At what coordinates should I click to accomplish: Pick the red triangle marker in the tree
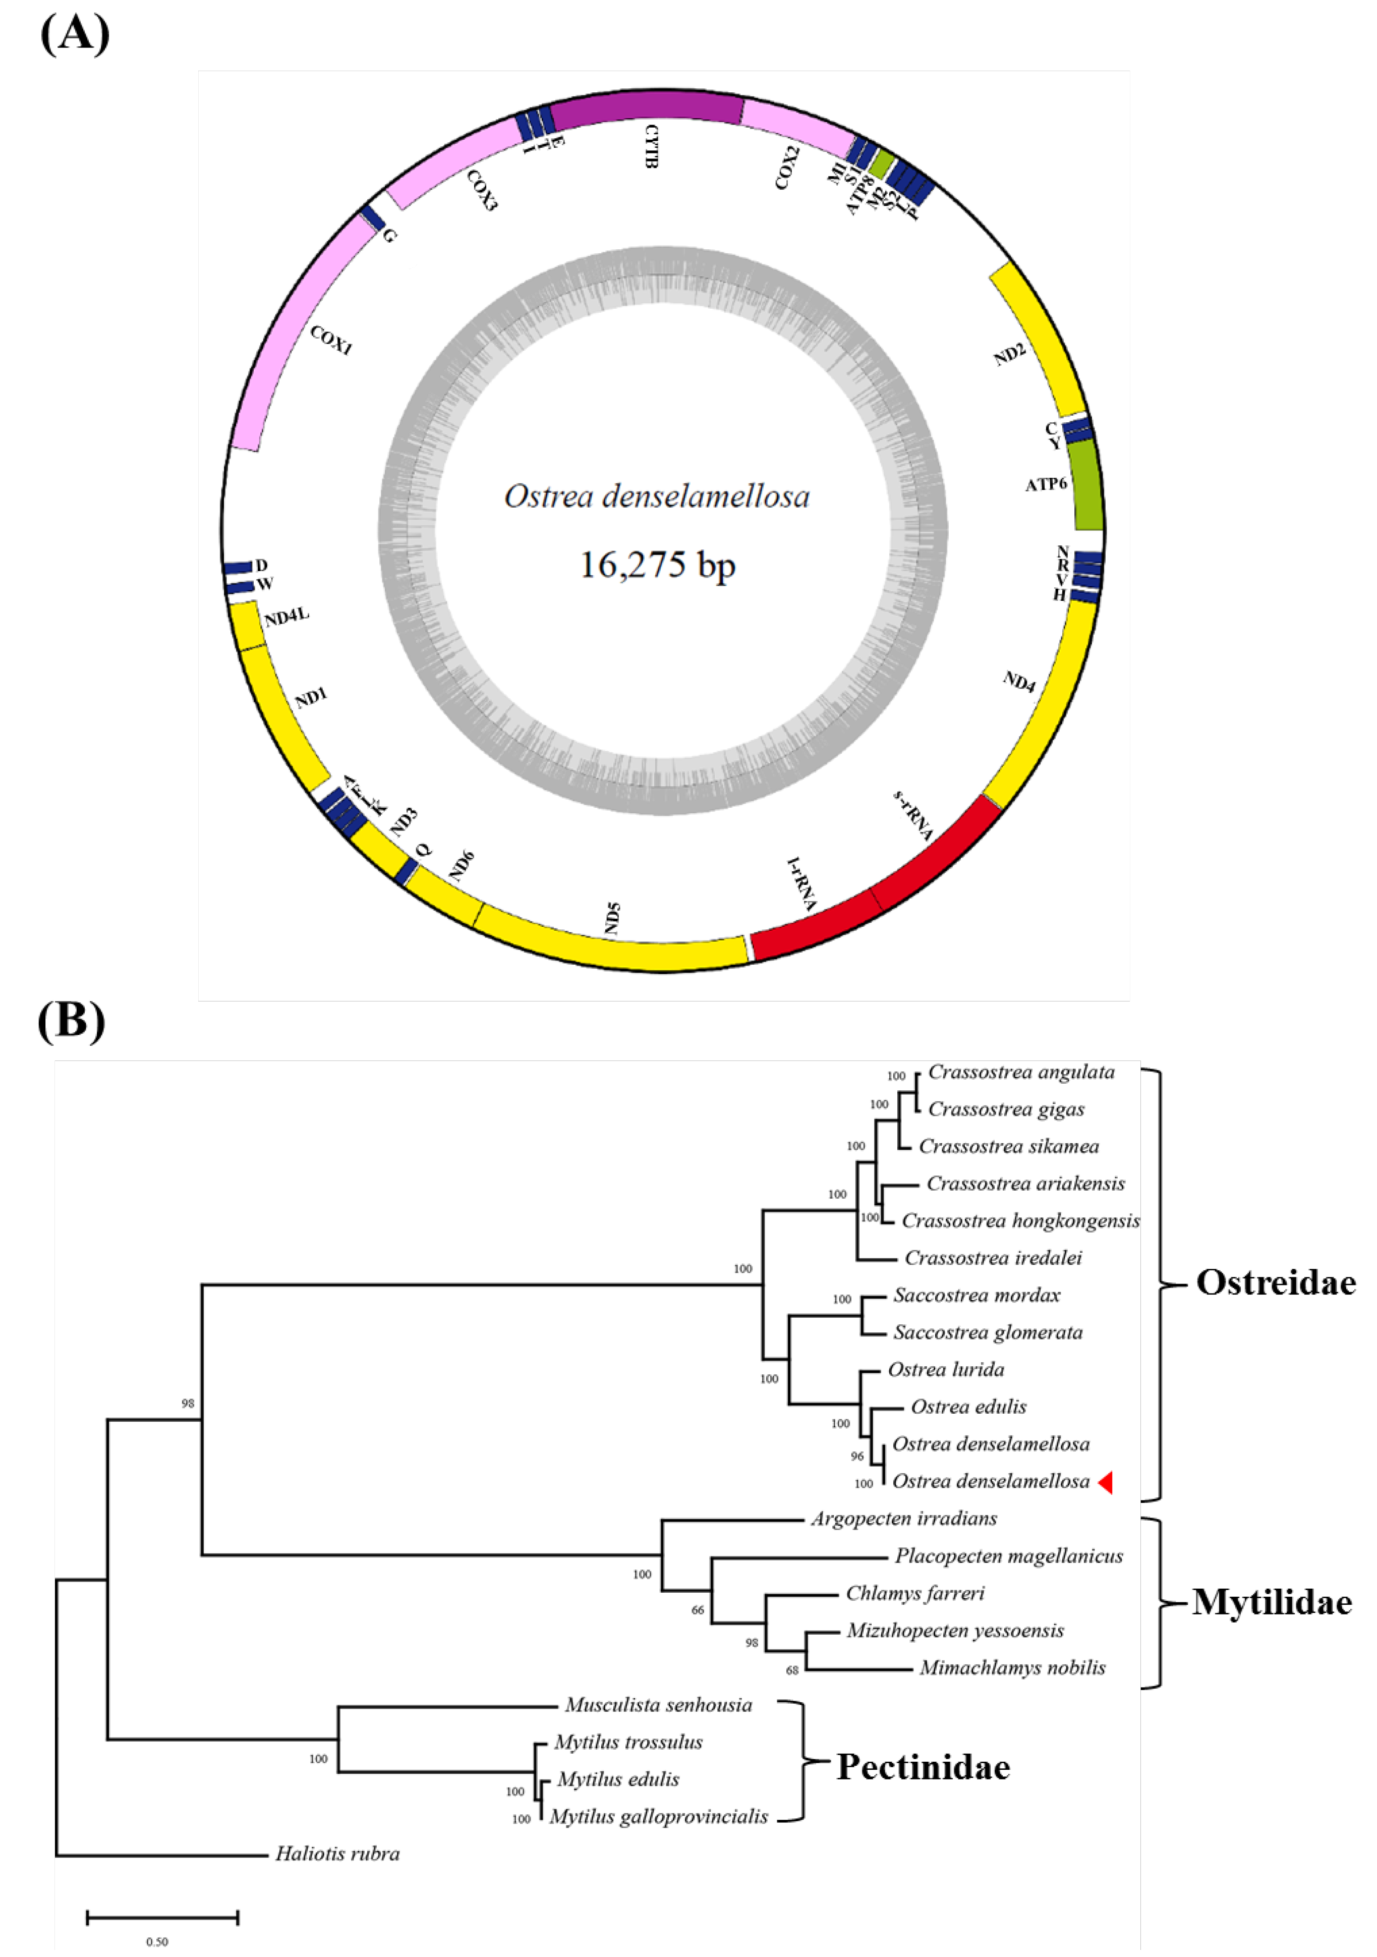click(1105, 1483)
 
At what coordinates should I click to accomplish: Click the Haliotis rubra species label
click(337, 1854)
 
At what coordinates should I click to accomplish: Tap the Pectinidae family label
click(923, 1767)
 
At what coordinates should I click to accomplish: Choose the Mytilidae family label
click(1272, 1602)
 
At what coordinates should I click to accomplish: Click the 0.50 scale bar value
click(157, 1942)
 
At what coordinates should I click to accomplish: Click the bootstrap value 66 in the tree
click(698, 1610)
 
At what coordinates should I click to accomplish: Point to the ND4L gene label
click(286, 617)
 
